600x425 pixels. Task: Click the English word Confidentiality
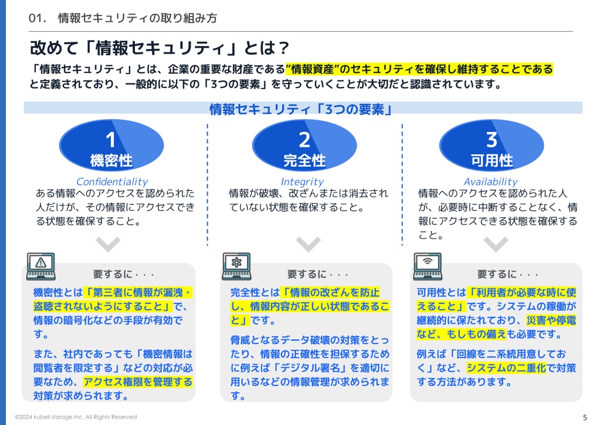(x=112, y=181)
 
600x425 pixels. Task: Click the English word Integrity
(x=302, y=182)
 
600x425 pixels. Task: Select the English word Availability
(x=490, y=181)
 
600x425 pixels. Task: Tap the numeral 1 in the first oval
(x=111, y=139)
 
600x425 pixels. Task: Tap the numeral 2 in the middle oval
(x=304, y=139)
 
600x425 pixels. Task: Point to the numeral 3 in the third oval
(x=491, y=139)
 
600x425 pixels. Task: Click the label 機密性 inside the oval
(x=111, y=160)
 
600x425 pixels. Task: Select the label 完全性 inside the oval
(x=304, y=160)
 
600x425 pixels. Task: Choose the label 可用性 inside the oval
(x=491, y=160)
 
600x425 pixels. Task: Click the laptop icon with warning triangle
(x=41, y=266)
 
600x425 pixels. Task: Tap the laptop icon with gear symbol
(x=236, y=266)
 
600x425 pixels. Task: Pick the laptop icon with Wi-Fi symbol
(x=428, y=266)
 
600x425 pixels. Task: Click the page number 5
(x=585, y=417)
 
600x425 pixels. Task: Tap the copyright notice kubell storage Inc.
(x=76, y=417)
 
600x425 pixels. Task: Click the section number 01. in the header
(x=37, y=18)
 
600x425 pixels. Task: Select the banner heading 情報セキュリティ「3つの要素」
(x=301, y=110)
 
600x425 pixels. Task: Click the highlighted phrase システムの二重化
(x=506, y=368)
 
